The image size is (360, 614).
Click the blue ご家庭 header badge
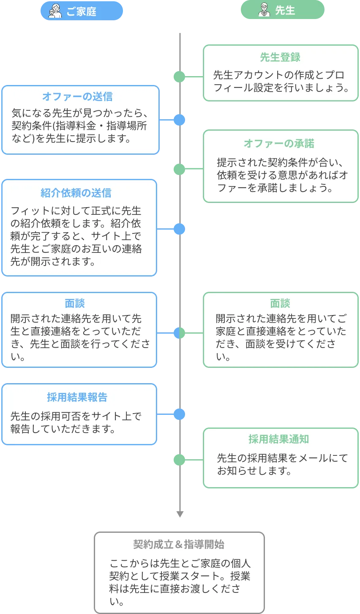(x=82, y=11)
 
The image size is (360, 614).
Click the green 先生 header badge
(x=282, y=10)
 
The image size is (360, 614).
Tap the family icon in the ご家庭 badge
(x=55, y=11)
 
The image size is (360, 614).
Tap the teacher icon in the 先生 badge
(x=264, y=10)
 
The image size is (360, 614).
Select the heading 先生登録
(x=280, y=57)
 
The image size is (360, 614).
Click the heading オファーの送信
(x=77, y=97)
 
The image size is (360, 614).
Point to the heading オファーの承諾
(x=279, y=144)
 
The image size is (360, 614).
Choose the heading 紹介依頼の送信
(x=76, y=193)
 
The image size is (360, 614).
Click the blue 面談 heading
(x=75, y=304)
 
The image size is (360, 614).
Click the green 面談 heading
(x=280, y=304)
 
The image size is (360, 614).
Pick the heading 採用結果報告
(x=77, y=397)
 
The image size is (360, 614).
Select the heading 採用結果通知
(x=278, y=439)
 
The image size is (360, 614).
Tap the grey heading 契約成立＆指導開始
(x=179, y=544)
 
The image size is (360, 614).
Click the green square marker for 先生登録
(x=180, y=77)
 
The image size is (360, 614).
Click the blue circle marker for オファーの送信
(x=180, y=120)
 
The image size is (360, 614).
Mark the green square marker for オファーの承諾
(x=180, y=169)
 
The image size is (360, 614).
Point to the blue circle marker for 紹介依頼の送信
(x=180, y=230)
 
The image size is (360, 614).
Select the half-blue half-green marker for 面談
(x=180, y=333)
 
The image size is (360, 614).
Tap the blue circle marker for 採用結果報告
(x=180, y=414)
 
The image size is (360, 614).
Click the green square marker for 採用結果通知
(x=180, y=460)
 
